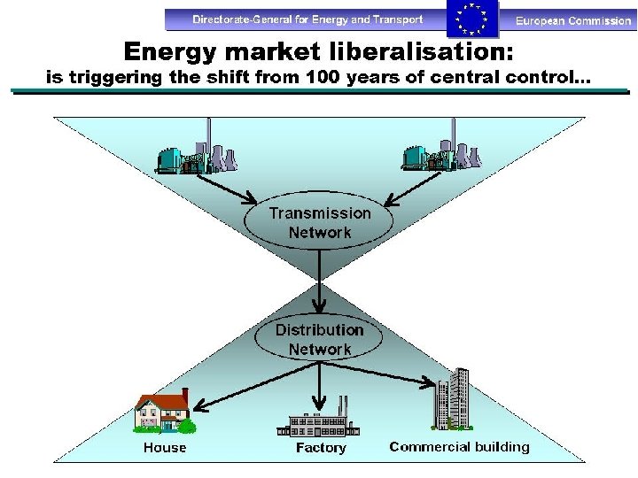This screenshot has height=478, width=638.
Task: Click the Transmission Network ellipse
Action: [x=320, y=223]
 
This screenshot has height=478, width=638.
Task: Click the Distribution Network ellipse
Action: [x=320, y=339]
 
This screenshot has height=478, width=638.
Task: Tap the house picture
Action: [x=164, y=412]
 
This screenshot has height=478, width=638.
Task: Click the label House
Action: [x=165, y=448]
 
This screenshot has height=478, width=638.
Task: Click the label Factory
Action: [x=321, y=448]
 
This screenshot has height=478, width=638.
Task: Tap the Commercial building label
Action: [x=459, y=447]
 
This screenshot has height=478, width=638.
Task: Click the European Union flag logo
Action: [x=471, y=19]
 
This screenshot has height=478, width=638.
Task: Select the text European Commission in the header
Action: [x=573, y=20]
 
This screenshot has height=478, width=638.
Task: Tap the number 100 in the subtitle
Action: [x=322, y=77]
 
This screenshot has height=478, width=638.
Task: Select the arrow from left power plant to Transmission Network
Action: [x=226, y=187]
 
